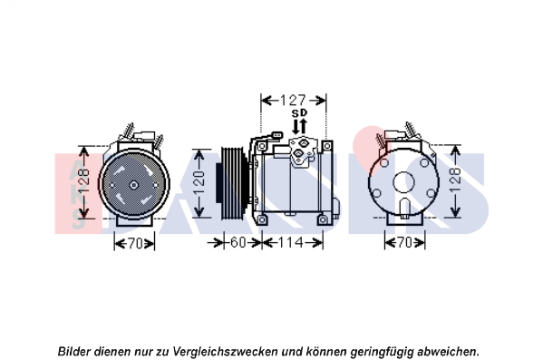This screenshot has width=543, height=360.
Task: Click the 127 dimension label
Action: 293,101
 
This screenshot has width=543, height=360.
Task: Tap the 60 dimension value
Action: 238,242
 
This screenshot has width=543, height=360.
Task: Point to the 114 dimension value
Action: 291,242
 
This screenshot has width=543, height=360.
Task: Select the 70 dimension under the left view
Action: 135,244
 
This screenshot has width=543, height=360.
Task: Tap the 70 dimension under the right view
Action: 404,242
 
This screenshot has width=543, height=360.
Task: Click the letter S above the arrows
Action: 295,113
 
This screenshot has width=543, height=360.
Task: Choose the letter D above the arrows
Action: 304,113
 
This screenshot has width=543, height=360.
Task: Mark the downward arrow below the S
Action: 296,127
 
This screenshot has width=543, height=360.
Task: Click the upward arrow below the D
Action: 304,126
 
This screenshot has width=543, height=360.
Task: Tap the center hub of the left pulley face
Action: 133,185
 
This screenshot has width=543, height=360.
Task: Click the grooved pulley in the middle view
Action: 234,183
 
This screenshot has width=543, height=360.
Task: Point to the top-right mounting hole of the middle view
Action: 327,147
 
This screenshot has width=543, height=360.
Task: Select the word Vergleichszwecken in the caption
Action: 225,352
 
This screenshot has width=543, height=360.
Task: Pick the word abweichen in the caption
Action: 447,351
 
